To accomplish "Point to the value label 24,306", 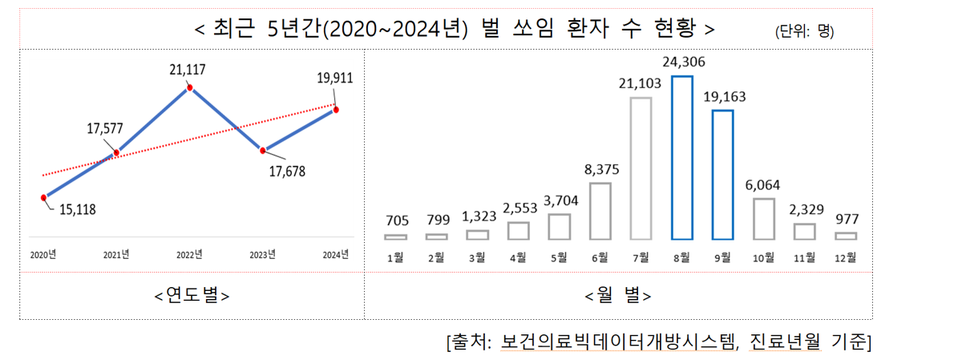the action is click(x=684, y=62).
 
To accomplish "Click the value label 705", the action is click(x=397, y=220).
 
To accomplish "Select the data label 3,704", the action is click(x=561, y=200).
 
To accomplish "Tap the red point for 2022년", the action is click(x=189, y=88).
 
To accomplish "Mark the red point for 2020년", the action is click(x=43, y=197).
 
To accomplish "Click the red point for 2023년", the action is click(x=262, y=151).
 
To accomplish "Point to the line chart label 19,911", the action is click(x=335, y=79).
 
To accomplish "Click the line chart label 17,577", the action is click(x=105, y=128).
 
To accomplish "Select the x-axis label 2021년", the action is click(x=116, y=255).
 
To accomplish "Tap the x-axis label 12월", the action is click(x=845, y=257).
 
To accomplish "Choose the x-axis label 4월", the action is click(x=518, y=257).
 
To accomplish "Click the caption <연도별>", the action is click(x=192, y=296).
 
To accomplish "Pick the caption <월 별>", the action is click(x=618, y=296).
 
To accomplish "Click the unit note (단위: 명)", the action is click(x=804, y=31).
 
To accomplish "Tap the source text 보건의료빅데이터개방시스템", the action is click(x=618, y=342).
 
